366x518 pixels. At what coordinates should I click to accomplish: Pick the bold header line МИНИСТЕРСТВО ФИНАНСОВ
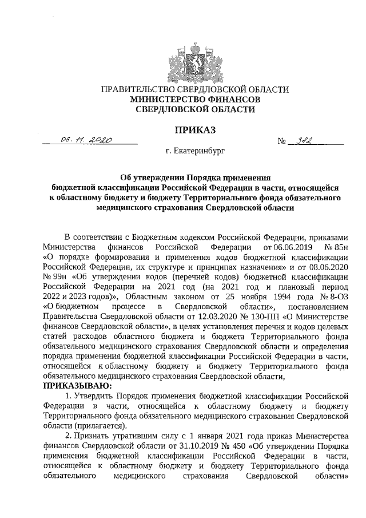tap(194, 99)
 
